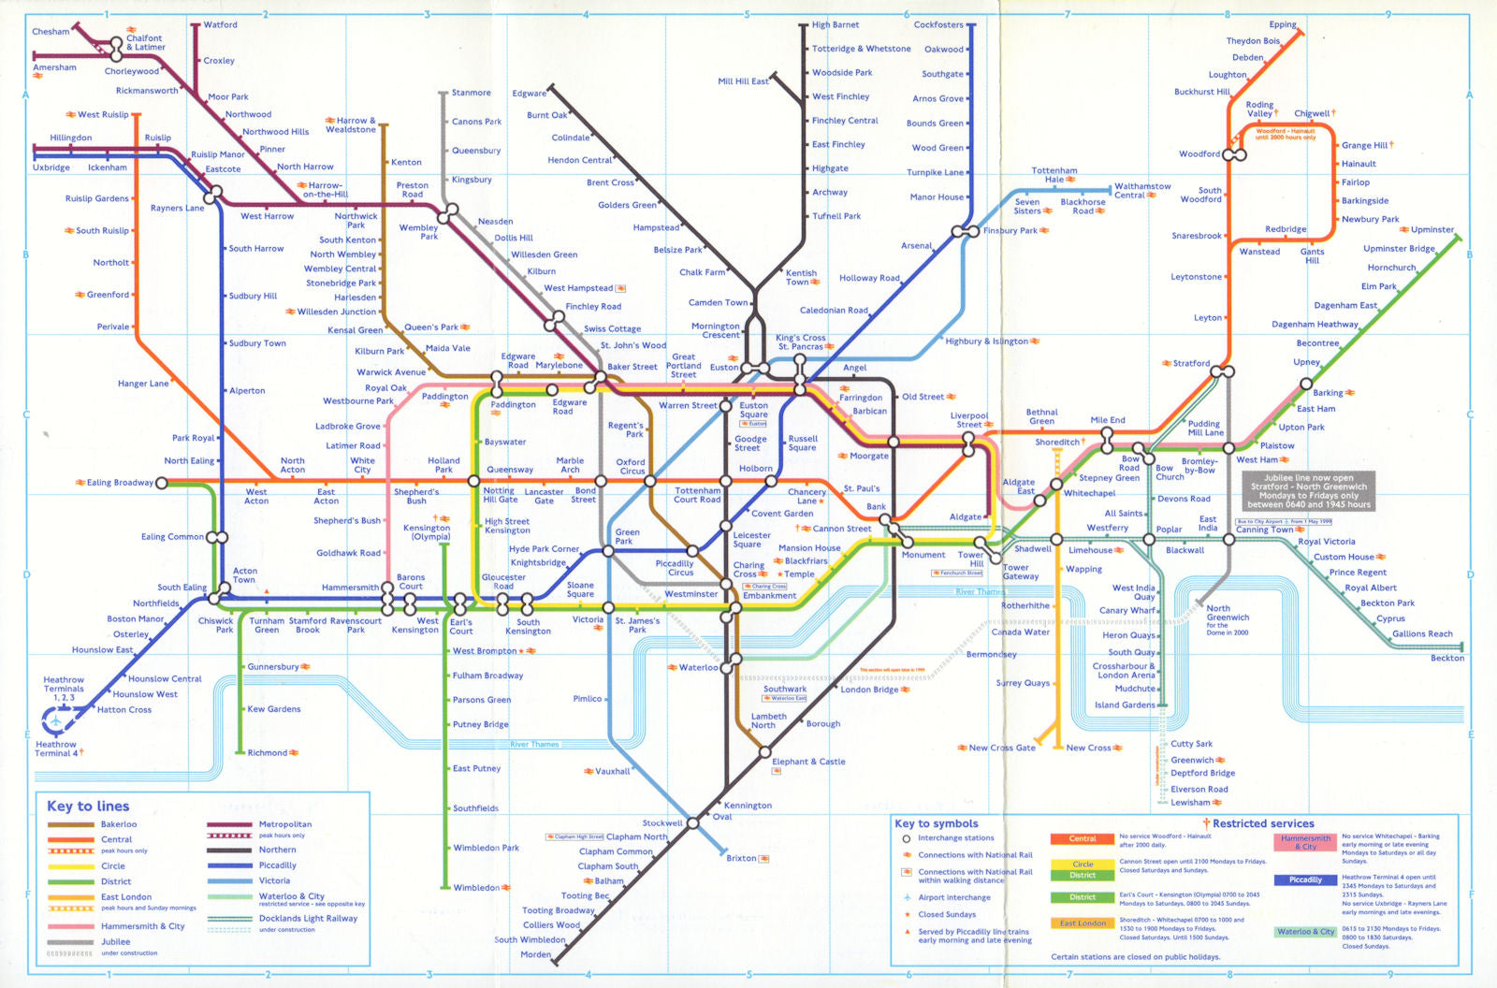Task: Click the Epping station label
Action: point(1282,25)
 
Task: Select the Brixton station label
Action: point(741,858)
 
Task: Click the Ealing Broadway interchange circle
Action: point(162,483)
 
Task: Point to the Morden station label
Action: point(535,954)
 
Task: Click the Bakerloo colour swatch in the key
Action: point(71,824)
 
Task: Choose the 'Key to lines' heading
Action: point(88,806)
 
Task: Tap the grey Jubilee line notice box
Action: point(1308,491)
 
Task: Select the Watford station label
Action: point(220,25)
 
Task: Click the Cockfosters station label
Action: point(937,25)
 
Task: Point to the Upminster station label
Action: point(1432,229)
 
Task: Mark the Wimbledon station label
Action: point(476,888)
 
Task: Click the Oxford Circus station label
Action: point(631,466)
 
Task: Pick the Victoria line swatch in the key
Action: point(229,880)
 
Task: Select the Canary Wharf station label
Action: point(1126,610)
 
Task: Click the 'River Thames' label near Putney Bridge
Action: point(534,745)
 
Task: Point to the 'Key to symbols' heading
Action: point(936,823)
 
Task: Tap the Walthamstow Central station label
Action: point(1141,191)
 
